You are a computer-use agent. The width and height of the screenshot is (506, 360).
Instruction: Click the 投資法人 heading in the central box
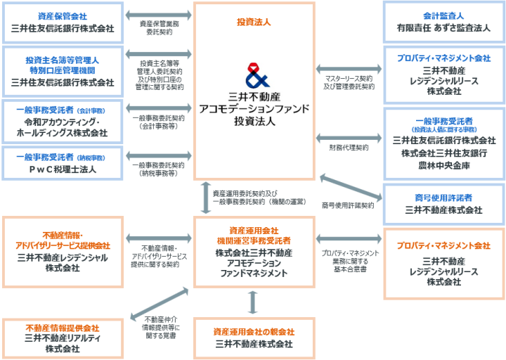click(x=254, y=22)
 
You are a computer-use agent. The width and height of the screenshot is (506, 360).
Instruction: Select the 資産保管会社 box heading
click(x=63, y=15)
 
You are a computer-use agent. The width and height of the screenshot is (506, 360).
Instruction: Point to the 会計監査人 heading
click(x=443, y=15)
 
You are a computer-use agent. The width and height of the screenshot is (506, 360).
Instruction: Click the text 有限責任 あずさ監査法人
click(x=443, y=30)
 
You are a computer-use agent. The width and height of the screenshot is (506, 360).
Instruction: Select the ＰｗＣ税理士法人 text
click(x=63, y=169)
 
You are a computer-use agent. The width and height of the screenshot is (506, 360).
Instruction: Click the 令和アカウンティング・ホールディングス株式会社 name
click(x=63, y=127)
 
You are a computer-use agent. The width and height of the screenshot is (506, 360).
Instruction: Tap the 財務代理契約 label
click(x=349, y=148)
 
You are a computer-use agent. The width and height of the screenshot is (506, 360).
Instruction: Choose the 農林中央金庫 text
click(x=443, y=165)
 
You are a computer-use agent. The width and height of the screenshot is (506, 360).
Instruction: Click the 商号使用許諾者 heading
click(x=443, y=196)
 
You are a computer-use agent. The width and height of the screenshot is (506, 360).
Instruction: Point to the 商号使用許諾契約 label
click(x=348, y=205)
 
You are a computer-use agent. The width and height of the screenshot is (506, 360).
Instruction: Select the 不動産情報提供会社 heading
click(x=63, y=328)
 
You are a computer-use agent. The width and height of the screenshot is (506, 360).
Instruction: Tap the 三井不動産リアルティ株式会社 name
click(x=63, y=343)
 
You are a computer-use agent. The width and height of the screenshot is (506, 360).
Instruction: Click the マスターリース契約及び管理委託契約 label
click(x=349, y=82)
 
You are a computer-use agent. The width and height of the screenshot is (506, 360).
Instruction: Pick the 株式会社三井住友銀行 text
click(x=443, y=153)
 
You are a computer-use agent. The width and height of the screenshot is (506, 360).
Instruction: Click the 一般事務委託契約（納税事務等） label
click(x=158, y=168)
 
